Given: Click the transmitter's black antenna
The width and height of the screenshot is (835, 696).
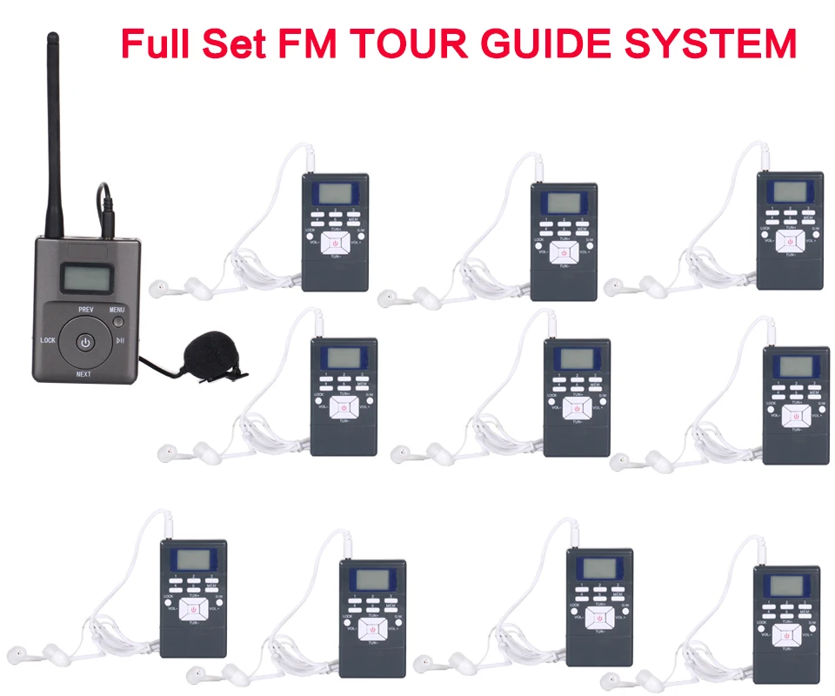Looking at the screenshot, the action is (54, 130).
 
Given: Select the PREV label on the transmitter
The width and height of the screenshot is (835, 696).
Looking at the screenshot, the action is (85, 310).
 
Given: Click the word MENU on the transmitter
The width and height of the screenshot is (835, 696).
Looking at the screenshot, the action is (117, 310).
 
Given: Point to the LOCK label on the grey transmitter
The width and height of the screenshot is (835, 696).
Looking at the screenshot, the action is (47, 341).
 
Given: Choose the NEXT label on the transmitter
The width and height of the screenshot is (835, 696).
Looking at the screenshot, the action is (83, 375).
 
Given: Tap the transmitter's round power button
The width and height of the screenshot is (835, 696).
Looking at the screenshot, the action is (84, 341).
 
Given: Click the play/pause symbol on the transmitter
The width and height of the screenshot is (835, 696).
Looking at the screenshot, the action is (121, 341).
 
